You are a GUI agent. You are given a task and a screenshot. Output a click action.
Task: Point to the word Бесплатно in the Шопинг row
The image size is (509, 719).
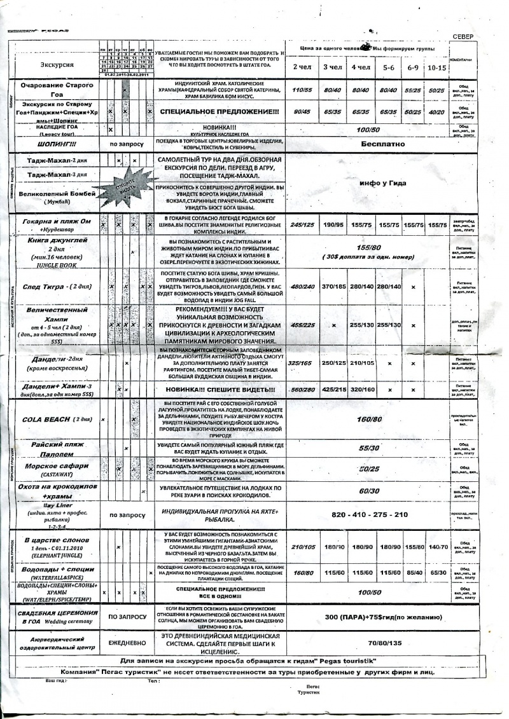click(382, 144)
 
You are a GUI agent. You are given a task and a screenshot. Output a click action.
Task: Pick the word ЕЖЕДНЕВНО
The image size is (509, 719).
click(128, 643)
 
